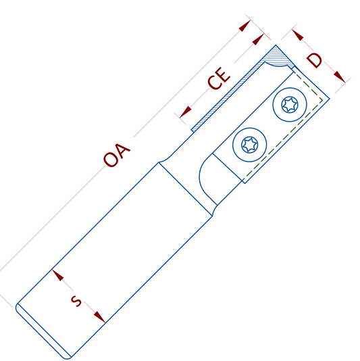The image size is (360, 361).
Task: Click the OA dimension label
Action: pos(117,155)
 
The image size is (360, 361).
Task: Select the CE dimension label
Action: pos(219,78)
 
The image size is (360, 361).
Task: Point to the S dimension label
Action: pos(76,301)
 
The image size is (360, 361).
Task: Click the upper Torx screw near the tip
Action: pos(290,105)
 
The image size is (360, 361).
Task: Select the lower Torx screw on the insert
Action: pos(250,145)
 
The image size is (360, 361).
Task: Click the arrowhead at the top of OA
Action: pos(245,26)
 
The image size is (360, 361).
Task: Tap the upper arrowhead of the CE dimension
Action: pos(258,39)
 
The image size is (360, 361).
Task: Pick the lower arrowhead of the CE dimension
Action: pos(186,112)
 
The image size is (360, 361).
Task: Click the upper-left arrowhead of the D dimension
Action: pos(298,35)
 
